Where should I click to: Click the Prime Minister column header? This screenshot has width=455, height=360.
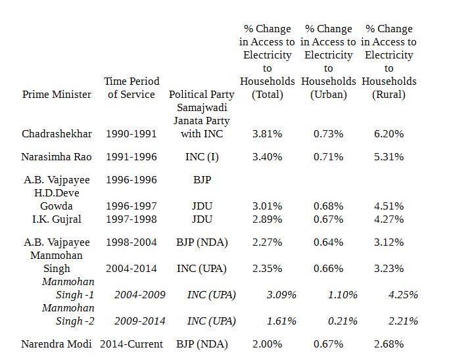coord(57,94)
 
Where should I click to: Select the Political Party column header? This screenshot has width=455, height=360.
coord(201,94)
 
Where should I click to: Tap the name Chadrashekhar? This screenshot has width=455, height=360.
coord(57,133)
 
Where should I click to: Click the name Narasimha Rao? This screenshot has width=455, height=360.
coord(57,156)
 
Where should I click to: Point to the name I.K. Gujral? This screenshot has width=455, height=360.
coord(57,219)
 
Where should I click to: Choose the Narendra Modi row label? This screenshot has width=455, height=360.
coord(57,344)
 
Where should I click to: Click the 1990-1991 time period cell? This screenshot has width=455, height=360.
coord(132,133)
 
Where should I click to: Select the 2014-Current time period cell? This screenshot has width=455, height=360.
coord(131,344)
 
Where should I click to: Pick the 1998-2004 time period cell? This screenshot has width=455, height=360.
coord(132,242)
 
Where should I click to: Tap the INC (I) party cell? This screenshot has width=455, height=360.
coord(202,156)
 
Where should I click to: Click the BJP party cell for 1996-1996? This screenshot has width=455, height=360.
coord(202,179)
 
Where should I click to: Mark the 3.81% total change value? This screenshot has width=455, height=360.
coord(267,133)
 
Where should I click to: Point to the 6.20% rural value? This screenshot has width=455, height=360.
coord(389,133)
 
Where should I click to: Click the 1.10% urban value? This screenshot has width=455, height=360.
coord(343,294)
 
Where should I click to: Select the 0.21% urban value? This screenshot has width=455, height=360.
coord(343,321)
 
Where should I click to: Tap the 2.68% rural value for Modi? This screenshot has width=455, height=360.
coord(389,344)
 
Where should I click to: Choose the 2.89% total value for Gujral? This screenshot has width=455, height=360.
coord(267,219)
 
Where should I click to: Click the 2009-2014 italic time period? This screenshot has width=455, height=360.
coord(140,321)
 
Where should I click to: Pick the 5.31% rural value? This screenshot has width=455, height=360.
coord(389,156)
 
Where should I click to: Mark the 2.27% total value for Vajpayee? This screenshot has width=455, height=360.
coord(267,242)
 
